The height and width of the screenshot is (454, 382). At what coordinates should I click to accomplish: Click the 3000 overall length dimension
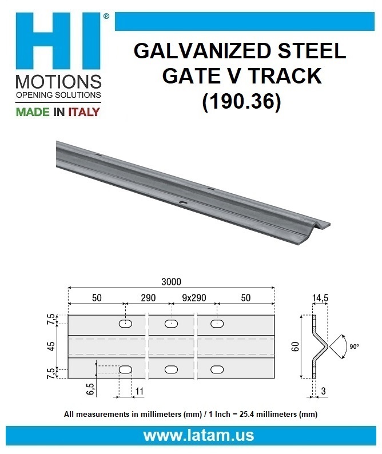[171, 281]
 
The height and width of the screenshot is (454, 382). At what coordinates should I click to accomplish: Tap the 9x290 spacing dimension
[194, 298]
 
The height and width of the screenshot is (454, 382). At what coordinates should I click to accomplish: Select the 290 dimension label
[148, 298]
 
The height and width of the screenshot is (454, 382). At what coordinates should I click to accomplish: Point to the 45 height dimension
[52, 347]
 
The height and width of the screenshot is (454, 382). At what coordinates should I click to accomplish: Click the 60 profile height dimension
[295, 347]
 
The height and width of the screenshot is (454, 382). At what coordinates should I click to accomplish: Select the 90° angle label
[355, 347]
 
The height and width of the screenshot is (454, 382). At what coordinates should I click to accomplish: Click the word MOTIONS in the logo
[58, 81]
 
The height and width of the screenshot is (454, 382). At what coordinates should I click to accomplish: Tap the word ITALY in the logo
[84, 111]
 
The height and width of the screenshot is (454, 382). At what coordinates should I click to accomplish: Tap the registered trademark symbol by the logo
[106, 18]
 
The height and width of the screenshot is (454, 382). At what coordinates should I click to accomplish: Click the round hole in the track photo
[183, 203]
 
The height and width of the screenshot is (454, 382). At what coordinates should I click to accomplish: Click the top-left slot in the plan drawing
[126, 324]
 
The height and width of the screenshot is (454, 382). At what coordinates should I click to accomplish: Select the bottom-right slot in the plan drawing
[217, 370]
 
